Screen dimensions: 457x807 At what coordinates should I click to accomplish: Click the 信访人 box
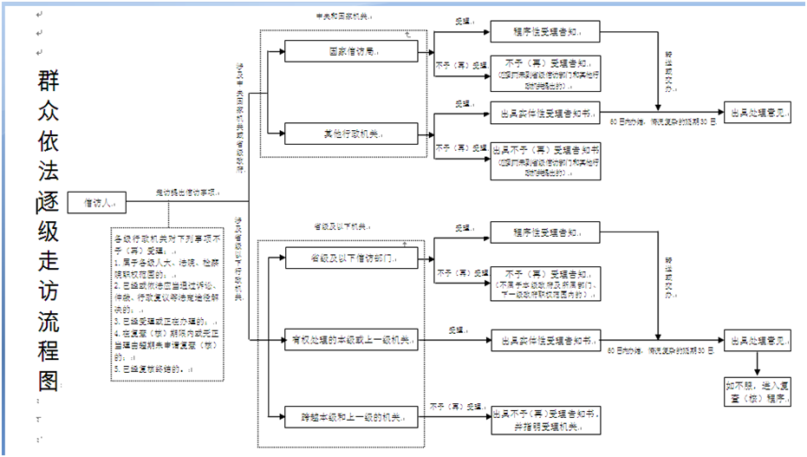tap(96, 202)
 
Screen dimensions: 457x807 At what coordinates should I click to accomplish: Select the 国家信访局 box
tap(351, 51)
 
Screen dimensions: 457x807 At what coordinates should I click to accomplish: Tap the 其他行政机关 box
tap(351, 134)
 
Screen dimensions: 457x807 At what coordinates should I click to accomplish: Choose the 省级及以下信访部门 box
tap(351, 258)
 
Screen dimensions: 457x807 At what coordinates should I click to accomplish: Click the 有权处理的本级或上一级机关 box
tap(351, 339)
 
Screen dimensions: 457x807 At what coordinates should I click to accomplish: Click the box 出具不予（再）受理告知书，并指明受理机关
tap(543, 419)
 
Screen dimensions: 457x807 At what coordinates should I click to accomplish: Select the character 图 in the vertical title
tap(49, 382)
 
